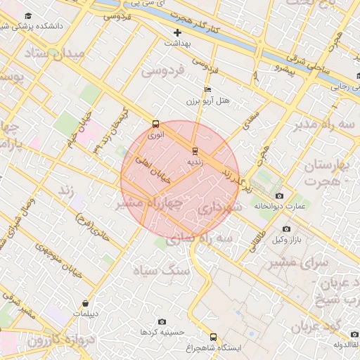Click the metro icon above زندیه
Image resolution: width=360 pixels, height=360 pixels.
[x=195, y=150]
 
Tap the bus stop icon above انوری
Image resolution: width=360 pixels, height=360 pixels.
[x=155, y=123]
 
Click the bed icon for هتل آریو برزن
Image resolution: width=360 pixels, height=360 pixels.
[x=207, y=90]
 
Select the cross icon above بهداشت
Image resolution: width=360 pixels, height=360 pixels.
[x=177, y=32]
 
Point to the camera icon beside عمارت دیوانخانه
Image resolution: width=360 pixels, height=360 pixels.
[x=280, y=195]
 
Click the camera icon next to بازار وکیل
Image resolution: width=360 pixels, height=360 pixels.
[x=286, y=229]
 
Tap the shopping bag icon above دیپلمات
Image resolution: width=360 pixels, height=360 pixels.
[x=86, y=304]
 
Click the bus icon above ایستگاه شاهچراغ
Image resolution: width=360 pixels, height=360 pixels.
[x=214, y=337]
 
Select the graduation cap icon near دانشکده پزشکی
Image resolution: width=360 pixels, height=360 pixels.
[x=28, y=15]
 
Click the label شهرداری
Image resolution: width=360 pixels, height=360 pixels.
[x=219, y=208]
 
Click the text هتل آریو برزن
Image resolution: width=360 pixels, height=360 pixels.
[x=211, y=101]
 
